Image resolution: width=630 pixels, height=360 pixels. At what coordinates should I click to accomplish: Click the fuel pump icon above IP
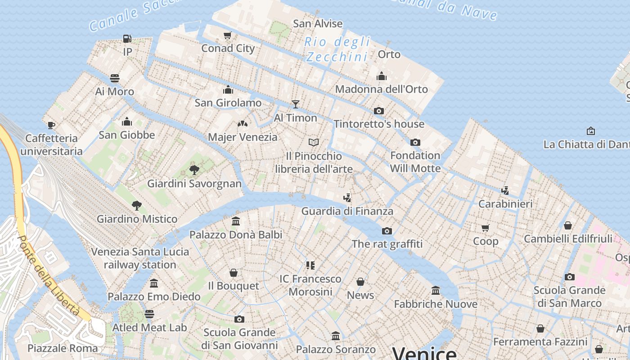pos(127,39)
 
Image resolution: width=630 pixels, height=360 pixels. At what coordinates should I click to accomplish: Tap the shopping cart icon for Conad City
pos(228,35)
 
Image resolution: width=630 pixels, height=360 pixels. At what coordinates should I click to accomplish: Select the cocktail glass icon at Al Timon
pos(295,104)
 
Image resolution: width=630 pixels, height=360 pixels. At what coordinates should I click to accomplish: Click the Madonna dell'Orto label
pos(381,89)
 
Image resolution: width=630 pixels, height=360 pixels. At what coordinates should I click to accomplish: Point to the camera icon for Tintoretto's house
pos(379,111)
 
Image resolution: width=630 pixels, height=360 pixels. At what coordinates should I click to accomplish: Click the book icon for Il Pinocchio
pos(314,143)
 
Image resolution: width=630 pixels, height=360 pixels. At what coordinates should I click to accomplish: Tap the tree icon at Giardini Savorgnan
pos(194,170)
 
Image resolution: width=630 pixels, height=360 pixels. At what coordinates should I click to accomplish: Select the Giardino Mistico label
pos(137,219)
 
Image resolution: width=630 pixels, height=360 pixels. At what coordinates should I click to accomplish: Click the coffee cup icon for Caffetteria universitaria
pos(51,125)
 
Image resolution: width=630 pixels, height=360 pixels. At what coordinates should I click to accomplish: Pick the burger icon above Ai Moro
pos(115,78)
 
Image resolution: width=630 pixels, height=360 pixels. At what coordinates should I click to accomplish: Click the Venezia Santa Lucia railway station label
pos(140,258)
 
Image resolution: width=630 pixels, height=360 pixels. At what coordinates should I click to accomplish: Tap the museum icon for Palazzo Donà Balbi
pos(236,221)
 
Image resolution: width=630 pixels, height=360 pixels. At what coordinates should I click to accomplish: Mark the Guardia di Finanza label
pos(347,211)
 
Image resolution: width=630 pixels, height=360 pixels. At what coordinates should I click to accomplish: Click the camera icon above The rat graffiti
pos(387,231)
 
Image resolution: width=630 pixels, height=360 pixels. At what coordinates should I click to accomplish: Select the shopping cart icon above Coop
pos(485,228)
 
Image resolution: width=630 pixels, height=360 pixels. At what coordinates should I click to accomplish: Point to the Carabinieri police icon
pos(505,190)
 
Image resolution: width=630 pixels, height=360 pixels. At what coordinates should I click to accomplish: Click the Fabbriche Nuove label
pos(435,304)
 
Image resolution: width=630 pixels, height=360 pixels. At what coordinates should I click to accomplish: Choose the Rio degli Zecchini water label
pos(337,49)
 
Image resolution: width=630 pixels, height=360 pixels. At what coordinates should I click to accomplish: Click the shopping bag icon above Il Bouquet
pos(233,273)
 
